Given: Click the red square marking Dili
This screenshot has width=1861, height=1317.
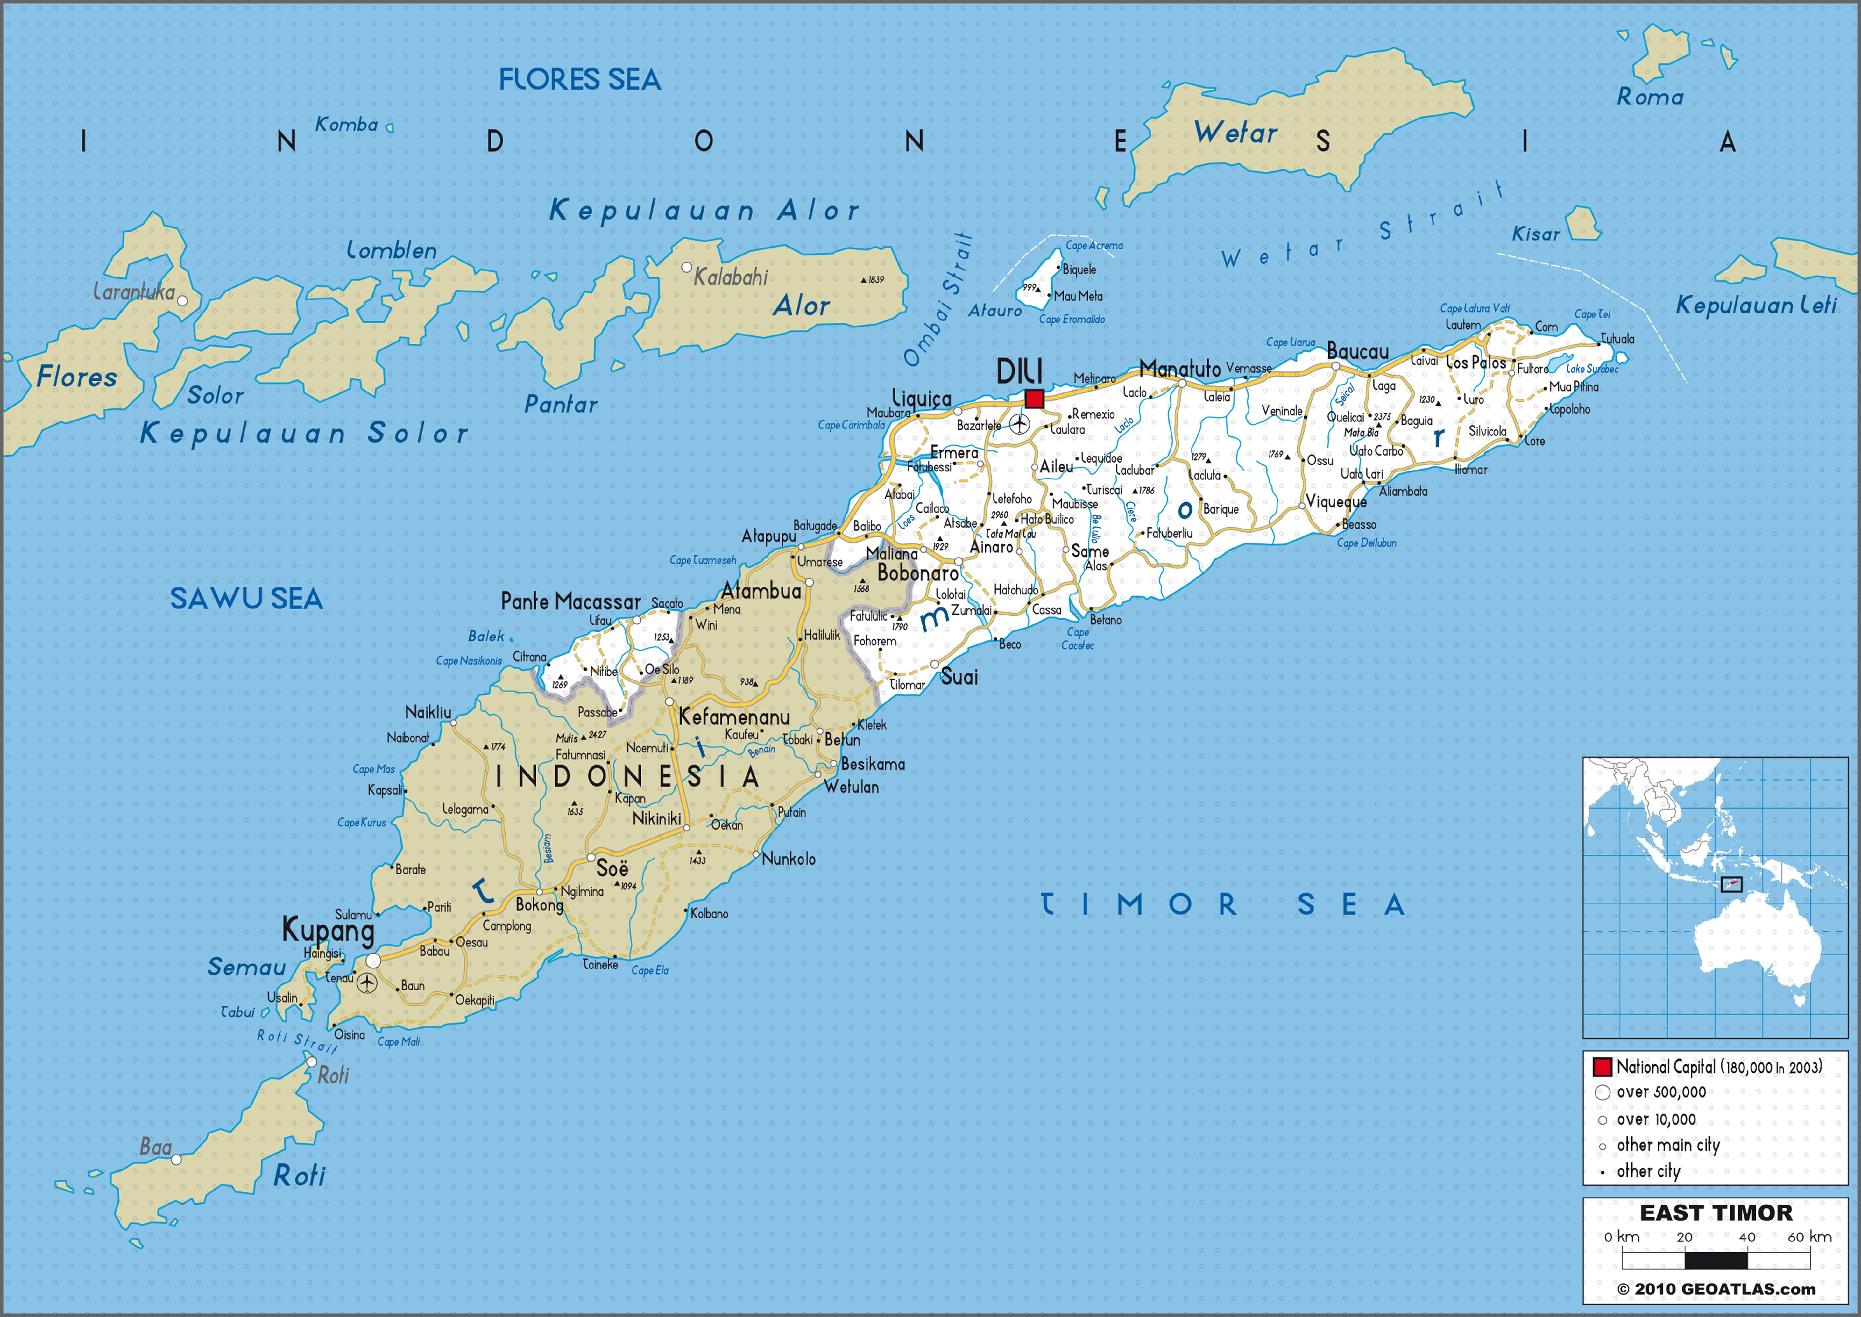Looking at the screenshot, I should click(x=1034, y=398).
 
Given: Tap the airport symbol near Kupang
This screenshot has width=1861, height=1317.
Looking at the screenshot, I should click(x=367, y=983).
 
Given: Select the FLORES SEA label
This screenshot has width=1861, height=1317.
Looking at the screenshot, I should click(x=580, y=79).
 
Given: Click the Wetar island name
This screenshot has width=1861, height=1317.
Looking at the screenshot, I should click(x=1235, y=133).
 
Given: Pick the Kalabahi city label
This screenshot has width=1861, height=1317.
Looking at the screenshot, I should click(x=730, y=277).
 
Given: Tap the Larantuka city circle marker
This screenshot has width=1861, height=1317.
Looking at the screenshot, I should click(x=182, y=301).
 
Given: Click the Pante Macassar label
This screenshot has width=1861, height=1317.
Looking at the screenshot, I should click(x=571, y=602).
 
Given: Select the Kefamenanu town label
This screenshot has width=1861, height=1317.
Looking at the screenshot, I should click(x=733, y=717).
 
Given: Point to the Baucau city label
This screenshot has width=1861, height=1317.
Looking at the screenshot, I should click(x=1358, y=352).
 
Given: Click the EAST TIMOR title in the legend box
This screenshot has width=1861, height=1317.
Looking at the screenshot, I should click(x=1716, y=1213).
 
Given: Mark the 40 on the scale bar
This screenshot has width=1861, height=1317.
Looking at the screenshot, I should click(x=1747, y=1237).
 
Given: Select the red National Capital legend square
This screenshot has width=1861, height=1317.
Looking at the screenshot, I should click(x=1602, y=1067).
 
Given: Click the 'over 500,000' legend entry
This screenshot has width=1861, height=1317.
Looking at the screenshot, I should click(x=1661, y=1092).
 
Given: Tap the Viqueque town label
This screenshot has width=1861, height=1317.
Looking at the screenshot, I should click(x=1336, y=502).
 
